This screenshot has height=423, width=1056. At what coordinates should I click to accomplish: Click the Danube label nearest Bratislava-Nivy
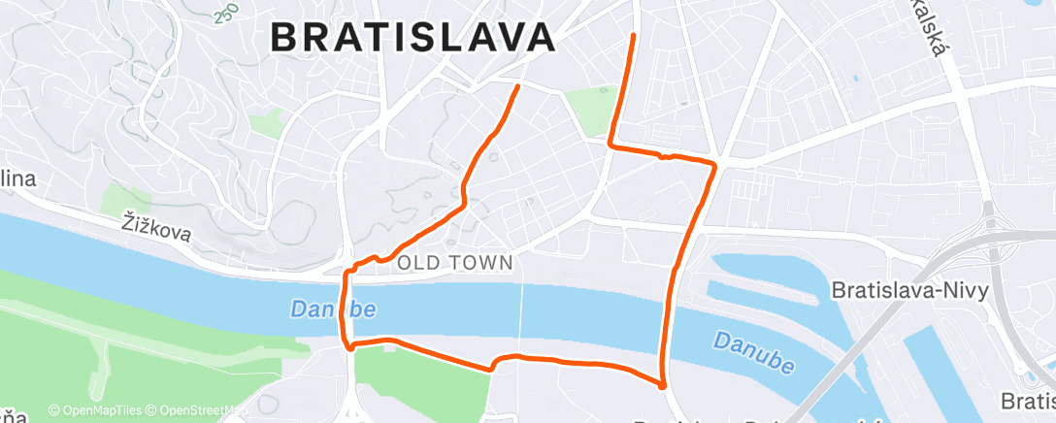tap(753, 352)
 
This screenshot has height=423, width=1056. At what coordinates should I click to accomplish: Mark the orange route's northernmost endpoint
tap(634, 35)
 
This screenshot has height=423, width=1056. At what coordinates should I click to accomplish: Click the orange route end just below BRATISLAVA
tap(517, 86)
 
